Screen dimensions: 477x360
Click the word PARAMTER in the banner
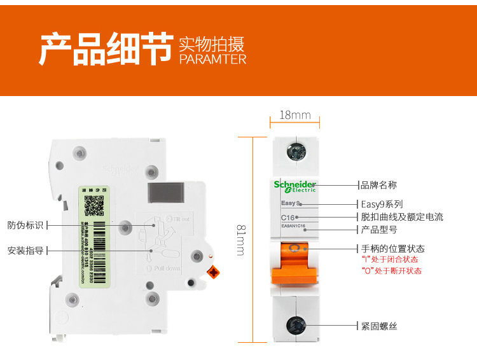pyautogui.click(x=212, y=59)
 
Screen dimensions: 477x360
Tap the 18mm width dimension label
pyautogui.click(x=295, y=115)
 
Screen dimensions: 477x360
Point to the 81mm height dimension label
pyautogui.click(x=240, y=239)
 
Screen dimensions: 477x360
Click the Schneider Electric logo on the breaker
pyautogui.click(x=295, y=186)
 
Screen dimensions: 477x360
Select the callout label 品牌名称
pyautogui.click(x=379, y=185)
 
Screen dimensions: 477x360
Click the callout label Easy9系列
pyautogui.click(x=382, y=204)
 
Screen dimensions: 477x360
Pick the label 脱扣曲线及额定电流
pyautogui.click(x=402, y=217)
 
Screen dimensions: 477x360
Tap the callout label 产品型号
pyautogui.click(x=379, y=229)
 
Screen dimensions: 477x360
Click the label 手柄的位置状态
pyautogui.click(x=392, y=249)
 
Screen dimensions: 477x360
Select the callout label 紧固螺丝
pyautogui.click(x=379, y=326)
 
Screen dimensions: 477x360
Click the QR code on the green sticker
pyautogui.click(x=94, y=205)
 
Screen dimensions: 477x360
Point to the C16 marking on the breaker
pyautogui.click(x=288, y=218)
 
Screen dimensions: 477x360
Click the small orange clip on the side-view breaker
pyautogui.click(x=214, y=272)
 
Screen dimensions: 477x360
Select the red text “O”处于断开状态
pyautogui.click(x=391, y=270)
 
